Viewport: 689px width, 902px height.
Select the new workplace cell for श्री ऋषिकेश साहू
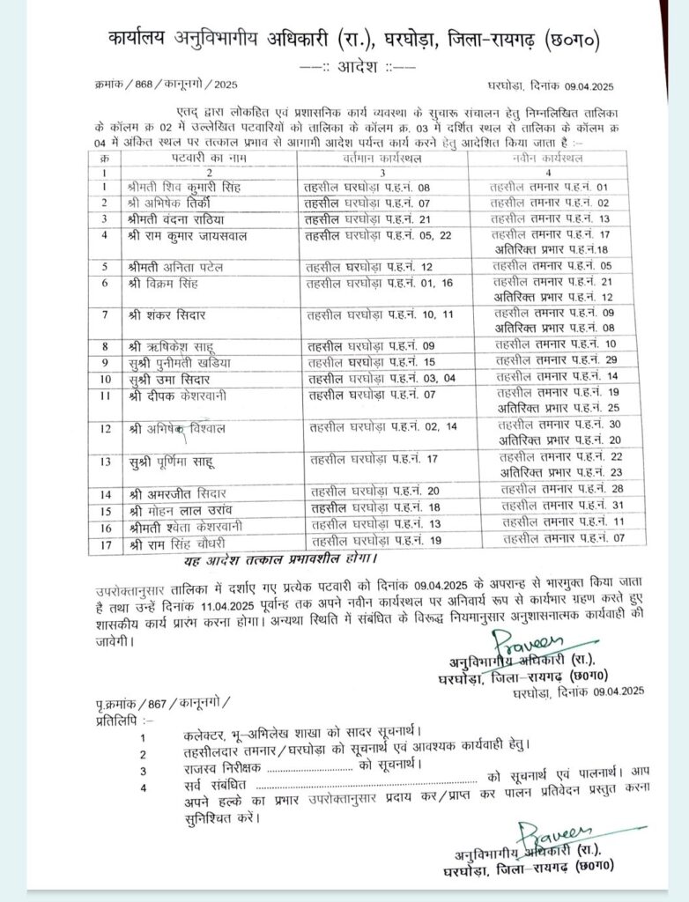[x=552, y=344]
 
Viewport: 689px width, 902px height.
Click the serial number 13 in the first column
[x=106, y=461]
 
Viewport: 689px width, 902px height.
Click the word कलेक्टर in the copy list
[x=207, y=732]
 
